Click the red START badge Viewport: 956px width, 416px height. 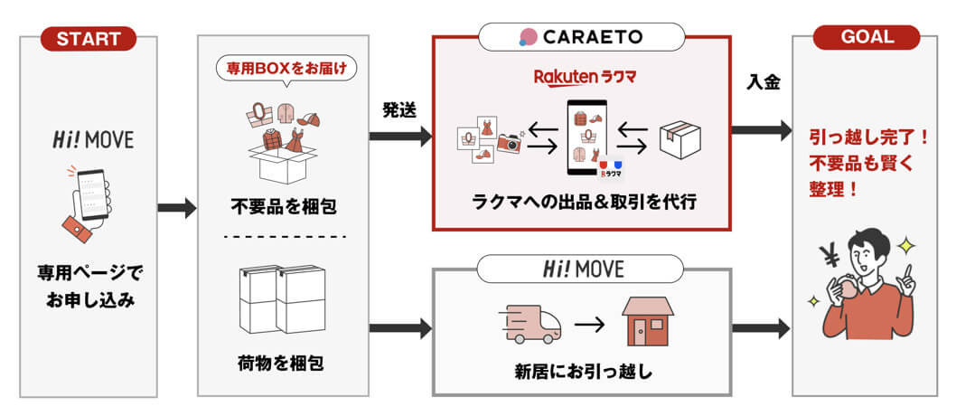tap(89, 38)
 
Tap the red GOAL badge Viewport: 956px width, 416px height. tap(867, 37)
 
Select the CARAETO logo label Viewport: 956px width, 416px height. tap(581, 36)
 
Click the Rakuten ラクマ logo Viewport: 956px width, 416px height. tap(585, 78)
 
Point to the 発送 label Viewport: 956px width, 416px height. tap(399, 110)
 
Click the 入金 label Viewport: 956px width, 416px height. tap(764, 82)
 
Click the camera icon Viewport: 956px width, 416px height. tap(510, 141)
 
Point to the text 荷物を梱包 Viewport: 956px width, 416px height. tap(281, 364)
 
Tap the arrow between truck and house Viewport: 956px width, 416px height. tap(590, 326)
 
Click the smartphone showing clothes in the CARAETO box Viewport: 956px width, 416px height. tap(586, 137)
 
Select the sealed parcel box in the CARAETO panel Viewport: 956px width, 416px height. tap(680, 139)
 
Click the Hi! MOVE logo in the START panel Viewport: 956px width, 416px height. tap(93, 139)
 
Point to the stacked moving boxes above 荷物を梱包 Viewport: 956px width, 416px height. tap(282, 299)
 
